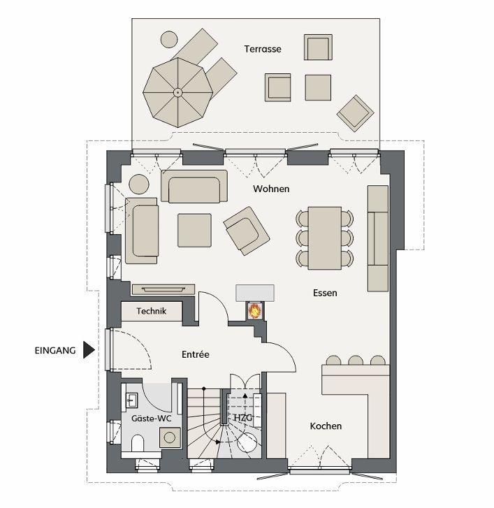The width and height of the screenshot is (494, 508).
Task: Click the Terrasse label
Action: coord(263,49)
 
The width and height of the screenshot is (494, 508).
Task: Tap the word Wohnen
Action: coord(271,189)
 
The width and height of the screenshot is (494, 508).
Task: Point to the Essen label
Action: coord(325,293)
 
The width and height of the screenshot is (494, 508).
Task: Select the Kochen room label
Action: coord(326,426)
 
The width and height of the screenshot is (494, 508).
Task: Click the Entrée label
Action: coord(196,354)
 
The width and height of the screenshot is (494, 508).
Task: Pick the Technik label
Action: coord(152,311)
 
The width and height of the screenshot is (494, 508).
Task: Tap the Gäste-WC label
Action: coord(152,419)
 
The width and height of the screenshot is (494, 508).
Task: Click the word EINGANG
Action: coord(55,350)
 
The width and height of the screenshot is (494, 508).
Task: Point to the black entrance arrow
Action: coord(89,350)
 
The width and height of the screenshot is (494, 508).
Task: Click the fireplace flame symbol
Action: coord(254,311)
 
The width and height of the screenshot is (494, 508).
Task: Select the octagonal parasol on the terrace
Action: coord(178,93)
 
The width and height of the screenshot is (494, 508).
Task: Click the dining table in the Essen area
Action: coord(325,238)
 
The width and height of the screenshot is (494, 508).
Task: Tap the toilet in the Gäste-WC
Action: coord(138,443)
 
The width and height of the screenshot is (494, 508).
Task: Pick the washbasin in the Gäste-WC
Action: coord(131,400)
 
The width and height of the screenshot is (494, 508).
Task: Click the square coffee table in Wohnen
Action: coord(194,231)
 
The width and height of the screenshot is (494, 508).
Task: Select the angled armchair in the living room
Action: coord(246,231)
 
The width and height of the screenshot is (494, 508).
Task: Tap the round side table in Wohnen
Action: coord(139,184)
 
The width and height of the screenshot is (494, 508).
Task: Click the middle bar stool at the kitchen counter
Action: coord(356,361)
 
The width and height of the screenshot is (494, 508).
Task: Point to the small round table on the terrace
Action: coord(169,39)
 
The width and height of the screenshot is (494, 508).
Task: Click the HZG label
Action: coord(242,418)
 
